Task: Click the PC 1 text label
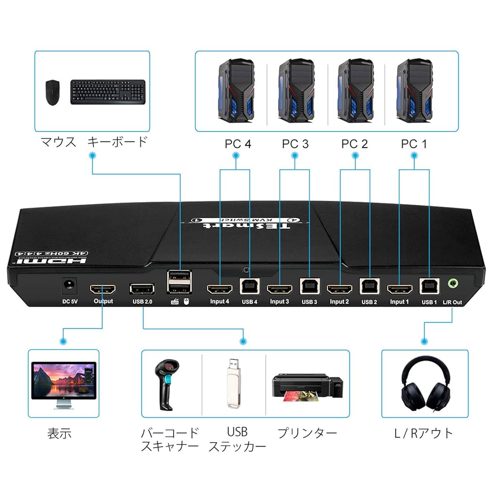coord(414,144)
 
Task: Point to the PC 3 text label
coord(295,144)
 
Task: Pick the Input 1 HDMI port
coord(399,290)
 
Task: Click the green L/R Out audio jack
coord(452,285)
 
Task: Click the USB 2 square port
coord(368,288)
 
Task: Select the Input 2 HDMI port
coord(339,290)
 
